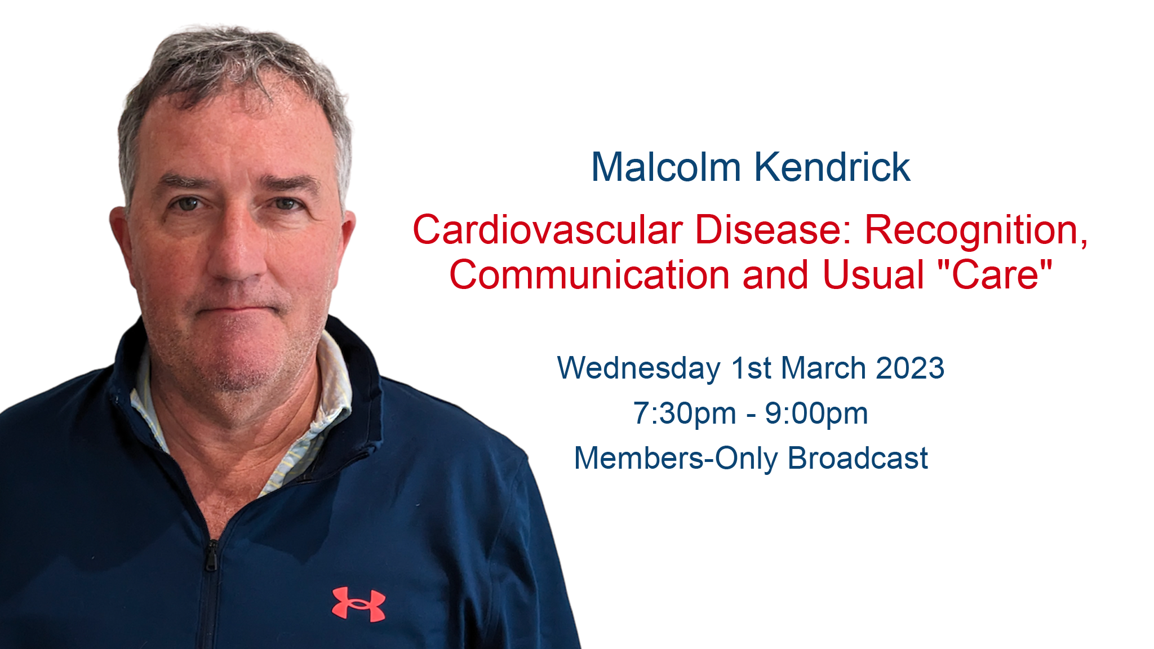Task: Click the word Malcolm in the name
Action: point(665,167)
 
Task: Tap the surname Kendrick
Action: point(832,167)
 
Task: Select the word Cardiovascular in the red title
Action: point(548,230)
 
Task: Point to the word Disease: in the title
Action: point(774,230)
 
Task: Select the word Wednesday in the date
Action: point(638,368)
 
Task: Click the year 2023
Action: point(910,368)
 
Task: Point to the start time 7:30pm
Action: point(685,414)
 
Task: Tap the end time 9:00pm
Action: point(816,414)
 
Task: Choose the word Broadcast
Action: point(858,458)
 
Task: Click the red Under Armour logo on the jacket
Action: point(359,604)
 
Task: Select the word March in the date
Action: point(823,368)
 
